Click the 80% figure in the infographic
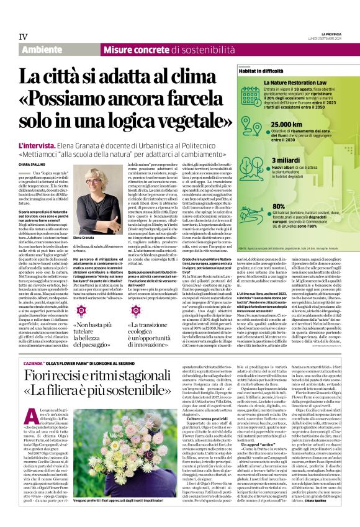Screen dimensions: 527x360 (279, 206)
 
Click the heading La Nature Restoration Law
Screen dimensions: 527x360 (296, 83)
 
